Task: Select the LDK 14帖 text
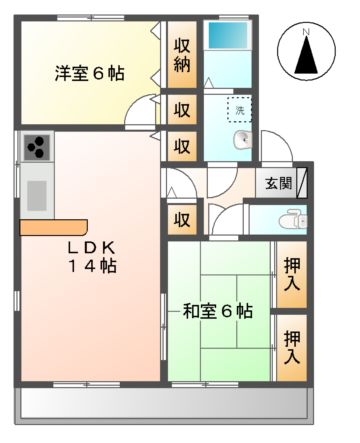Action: click(x=92, y=256)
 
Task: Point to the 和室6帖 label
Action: click(x=217, y=311)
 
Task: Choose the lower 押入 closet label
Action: click(x=292, y=343)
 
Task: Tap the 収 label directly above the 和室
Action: click(x=181, y=219)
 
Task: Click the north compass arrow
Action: click(x=307, y=53)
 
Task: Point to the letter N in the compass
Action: click(x=307, y=32)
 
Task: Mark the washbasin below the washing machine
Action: click(x=242, y=140)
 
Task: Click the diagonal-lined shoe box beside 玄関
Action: click(x=301, y=183)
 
